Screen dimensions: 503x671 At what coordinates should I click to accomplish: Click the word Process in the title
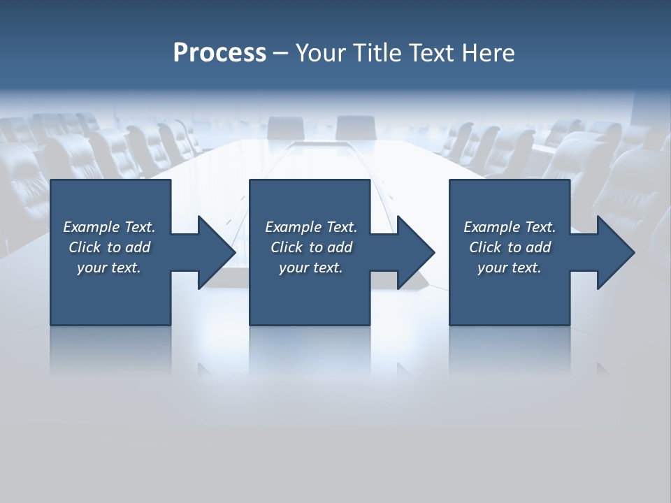point(219,53)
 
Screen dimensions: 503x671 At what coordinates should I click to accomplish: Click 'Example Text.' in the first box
point(109,227)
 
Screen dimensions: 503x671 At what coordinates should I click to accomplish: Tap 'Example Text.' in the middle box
point(311,227)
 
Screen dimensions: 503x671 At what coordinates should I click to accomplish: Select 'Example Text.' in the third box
point(510,227)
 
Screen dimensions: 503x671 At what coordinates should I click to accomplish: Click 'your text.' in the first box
point(109,268)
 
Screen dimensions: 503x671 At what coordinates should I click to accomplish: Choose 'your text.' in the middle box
point(311,268)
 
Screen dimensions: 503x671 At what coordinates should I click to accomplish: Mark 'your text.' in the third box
point(510,268)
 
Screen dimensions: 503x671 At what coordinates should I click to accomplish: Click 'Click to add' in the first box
point(109,247)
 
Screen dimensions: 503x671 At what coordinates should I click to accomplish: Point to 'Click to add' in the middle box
point(311,247)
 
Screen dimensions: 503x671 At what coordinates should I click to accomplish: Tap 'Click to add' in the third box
point(510,247)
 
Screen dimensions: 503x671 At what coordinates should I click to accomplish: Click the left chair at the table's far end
point(286,128)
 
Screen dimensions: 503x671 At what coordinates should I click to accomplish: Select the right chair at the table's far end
point(355,127)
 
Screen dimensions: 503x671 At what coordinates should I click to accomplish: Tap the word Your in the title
point(319,53)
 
